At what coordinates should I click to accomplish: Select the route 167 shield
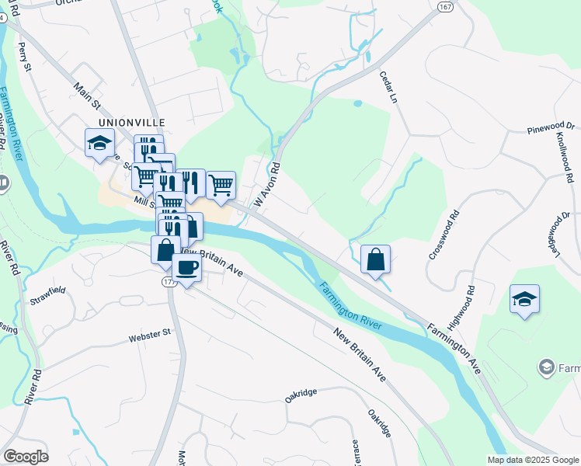click(444, 6)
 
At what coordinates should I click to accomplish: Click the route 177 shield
click(168, 281)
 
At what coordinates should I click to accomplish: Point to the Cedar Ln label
click(388, 87)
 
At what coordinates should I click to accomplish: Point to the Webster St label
click(149, 335)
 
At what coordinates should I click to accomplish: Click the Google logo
click(26, 457)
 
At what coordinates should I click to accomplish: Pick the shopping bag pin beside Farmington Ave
click(375, 259)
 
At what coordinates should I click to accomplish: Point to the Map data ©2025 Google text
click(533, 460)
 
